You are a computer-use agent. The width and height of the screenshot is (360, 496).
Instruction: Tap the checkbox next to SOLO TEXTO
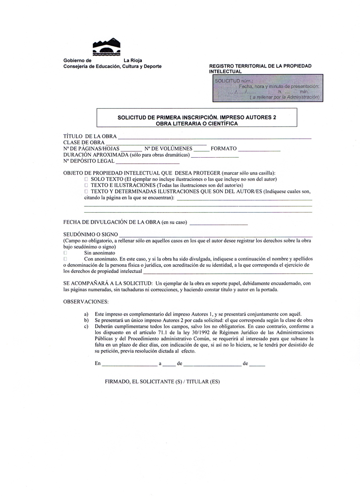tap(86, 178)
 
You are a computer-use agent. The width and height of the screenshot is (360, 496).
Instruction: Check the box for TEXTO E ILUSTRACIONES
tap(86, 185)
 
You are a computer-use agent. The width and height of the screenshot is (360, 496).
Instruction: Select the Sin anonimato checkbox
tap(65, 252)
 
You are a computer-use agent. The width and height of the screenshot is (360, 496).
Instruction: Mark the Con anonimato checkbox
tap(65, 259)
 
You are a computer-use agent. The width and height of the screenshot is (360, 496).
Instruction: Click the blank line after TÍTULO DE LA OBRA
tap(214, 137)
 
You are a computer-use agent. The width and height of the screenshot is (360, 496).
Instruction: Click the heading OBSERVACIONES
tap(86, 301)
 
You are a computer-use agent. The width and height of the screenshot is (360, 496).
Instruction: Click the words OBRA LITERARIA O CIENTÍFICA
tap(197, 124)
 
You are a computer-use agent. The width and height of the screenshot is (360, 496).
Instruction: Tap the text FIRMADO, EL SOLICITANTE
tap(162, 382)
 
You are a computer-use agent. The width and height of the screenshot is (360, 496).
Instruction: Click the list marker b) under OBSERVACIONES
tap(86, 320)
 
